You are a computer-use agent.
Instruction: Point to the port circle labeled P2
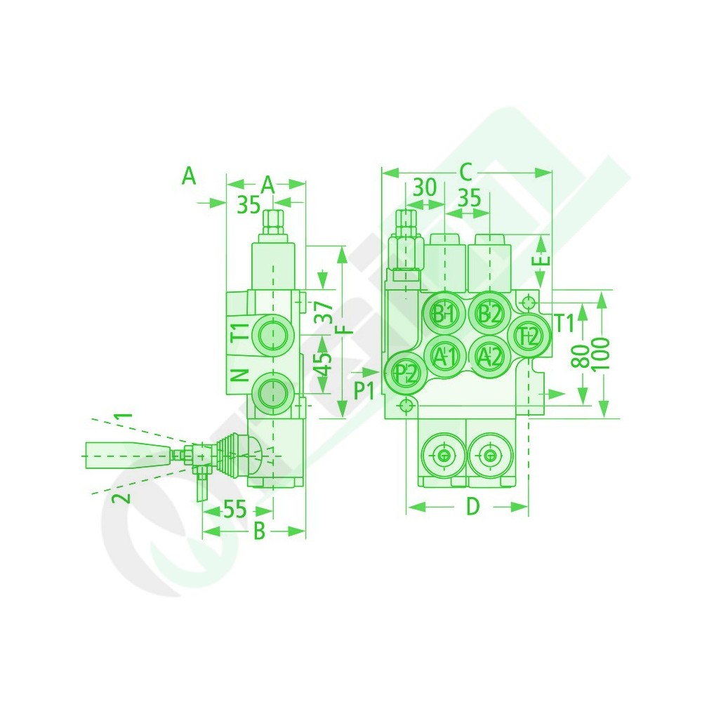[x=406, y=372]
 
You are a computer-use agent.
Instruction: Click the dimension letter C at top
[x=466, y=171]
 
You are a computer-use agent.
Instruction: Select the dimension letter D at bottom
[x=472, y=506]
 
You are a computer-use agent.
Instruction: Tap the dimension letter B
[x=260, y=531]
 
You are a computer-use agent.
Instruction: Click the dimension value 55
[x=235, y=509]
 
